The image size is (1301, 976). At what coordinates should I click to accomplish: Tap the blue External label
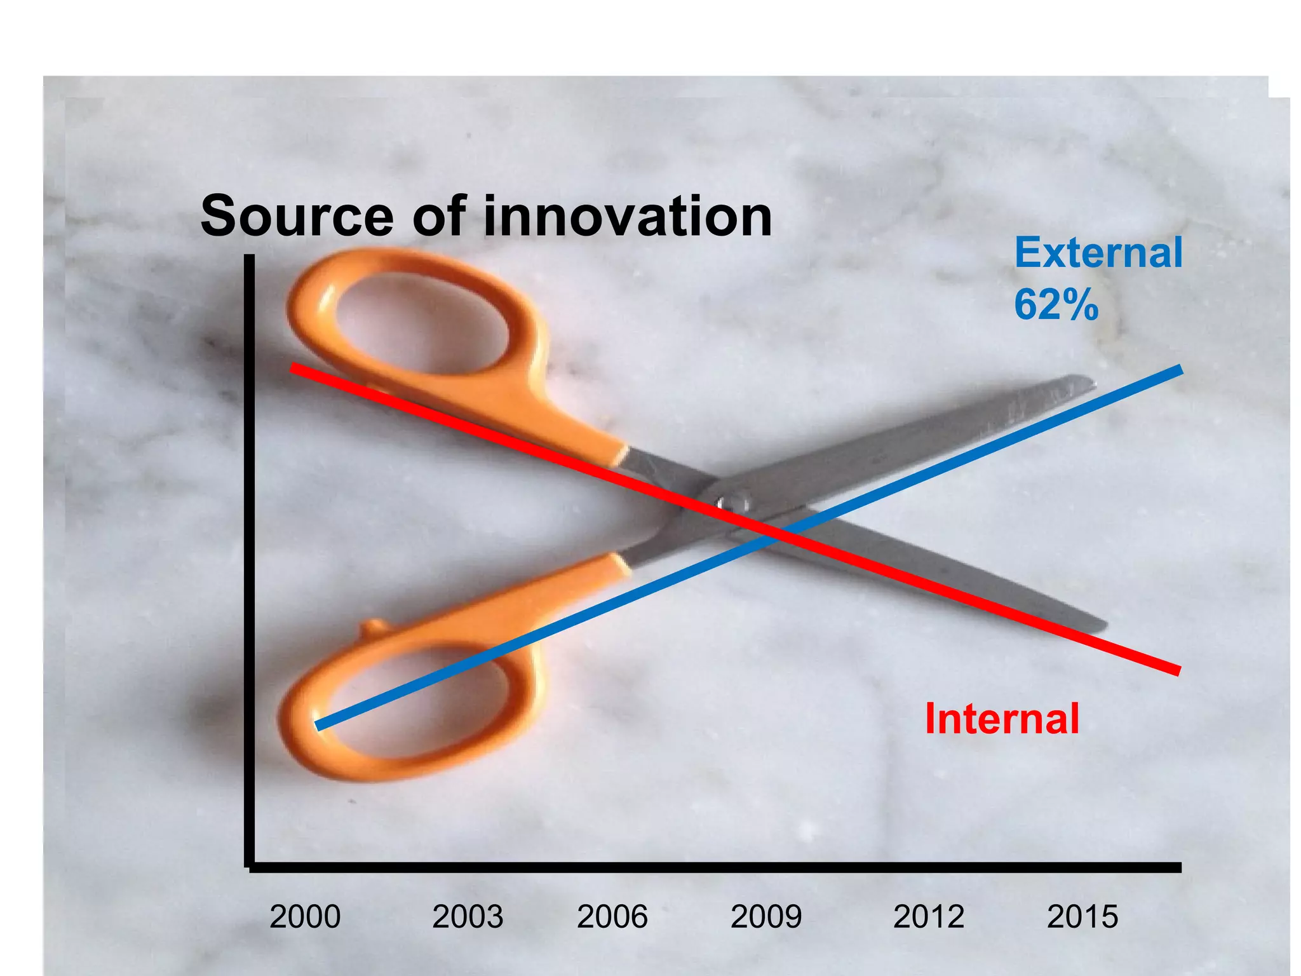pos(1098,253)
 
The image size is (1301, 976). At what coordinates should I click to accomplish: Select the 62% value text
pos(1056,305)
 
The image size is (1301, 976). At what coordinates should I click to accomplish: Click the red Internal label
pos(1002,719)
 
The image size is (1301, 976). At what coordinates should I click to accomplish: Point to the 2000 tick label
pos(305,916)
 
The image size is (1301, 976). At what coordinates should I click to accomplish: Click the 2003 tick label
pos(468,916)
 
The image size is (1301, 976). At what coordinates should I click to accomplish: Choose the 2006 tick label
pos(612,916)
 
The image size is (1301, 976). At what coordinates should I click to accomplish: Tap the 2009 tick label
pos(766,916)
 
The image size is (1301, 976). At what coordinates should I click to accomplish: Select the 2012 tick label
pos(929,916)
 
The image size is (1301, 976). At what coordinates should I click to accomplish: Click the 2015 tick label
pos(1082,916)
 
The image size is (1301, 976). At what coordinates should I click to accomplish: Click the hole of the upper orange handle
pos(421,324)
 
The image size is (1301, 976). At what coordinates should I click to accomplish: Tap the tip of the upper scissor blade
pos(1091,382)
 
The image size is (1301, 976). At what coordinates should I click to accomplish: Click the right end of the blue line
pos(1179,370)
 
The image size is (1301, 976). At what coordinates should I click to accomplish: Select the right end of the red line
pos(1178,671)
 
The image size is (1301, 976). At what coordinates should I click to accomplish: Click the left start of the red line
pos(293,367)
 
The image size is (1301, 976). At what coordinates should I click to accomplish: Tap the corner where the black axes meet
pos(250,867)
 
